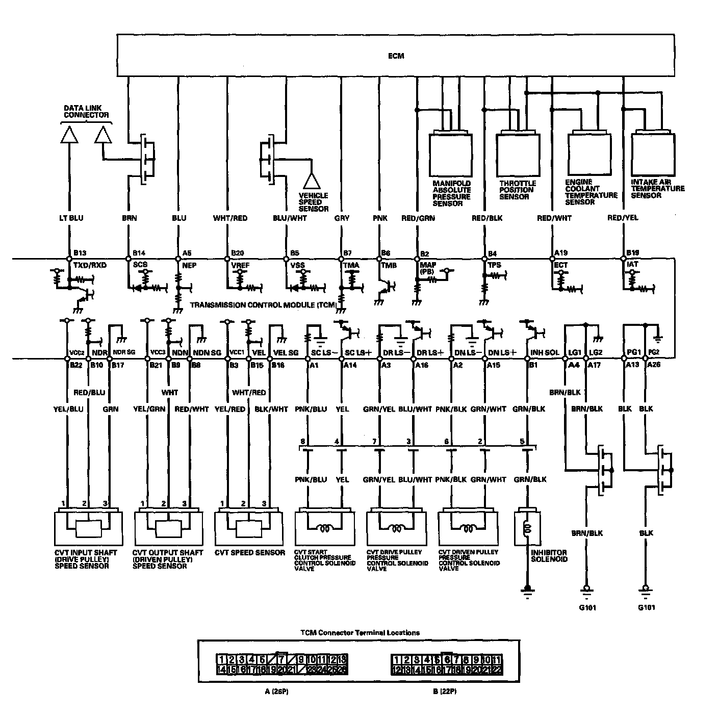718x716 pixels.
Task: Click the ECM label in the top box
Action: click(x=396, y=56)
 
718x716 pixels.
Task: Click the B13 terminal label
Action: click(x=80, y=253)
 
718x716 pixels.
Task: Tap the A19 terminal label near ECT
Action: click(x=561, y=252)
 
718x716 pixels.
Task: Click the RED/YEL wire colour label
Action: click(x=623, y=218)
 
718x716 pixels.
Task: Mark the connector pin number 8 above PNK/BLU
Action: click(x=303, y=442)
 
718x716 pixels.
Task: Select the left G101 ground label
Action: click(x=587, y=608)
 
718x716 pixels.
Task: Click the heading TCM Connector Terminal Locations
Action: click(x=359, y=633)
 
